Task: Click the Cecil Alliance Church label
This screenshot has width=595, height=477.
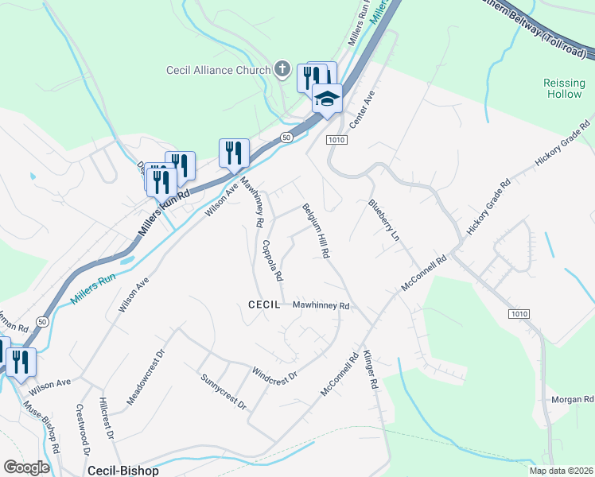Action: (219, 70)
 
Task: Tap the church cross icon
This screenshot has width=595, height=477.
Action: (282, 70)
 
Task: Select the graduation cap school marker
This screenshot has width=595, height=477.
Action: (326, 99)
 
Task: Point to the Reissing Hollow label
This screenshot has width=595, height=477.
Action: (564, 88)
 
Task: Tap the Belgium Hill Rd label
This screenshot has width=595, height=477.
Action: (316, 231)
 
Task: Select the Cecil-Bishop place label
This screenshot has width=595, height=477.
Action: (123, 470)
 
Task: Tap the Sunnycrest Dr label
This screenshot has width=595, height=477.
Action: (224, 391)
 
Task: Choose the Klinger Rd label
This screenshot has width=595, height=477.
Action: (370, 370)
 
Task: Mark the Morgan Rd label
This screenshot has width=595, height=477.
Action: (572, 399)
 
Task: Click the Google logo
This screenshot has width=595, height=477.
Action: (26, 467)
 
